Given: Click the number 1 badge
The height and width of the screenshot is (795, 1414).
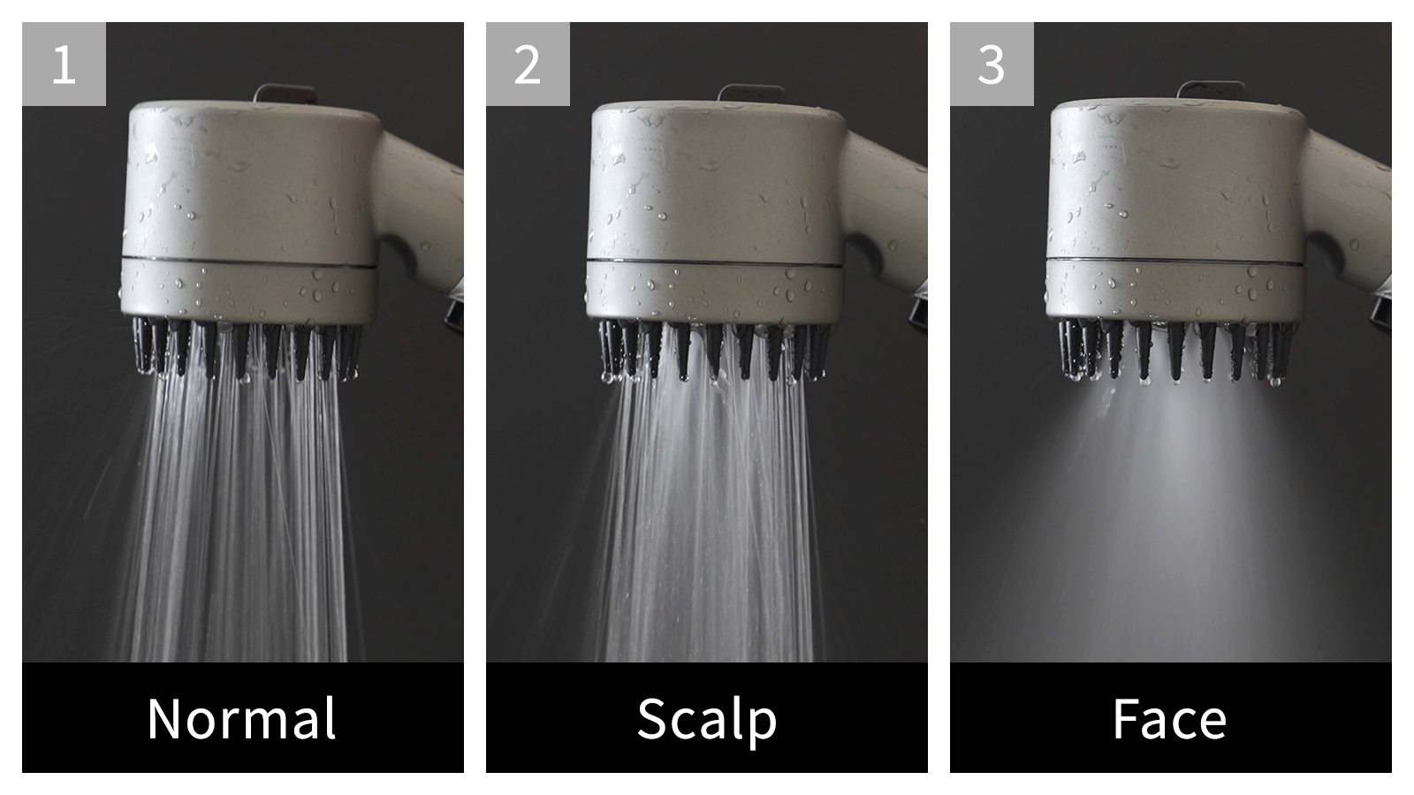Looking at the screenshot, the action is (64, 64).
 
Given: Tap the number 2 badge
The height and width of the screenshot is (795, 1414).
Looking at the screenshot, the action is (528, 64).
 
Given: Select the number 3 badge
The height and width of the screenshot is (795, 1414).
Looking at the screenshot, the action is (992, 64).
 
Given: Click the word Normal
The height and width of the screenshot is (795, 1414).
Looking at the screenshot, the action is (242, 718).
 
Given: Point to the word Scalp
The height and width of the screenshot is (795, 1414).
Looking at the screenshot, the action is (706, 722).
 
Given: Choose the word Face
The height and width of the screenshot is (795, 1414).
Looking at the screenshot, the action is (1170, 718).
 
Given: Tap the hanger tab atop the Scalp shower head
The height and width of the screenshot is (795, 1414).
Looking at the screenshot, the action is (750, 94).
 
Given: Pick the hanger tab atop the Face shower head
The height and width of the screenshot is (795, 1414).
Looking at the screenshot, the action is (1211, 90).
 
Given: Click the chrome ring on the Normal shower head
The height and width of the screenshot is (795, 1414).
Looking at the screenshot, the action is (249, 263).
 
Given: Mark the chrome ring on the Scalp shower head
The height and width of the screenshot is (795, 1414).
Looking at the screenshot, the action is (715, 263).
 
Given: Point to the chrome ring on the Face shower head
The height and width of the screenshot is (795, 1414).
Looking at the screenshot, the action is (1175, 261).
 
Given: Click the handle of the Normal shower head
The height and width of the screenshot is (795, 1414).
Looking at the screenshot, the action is (420, 208).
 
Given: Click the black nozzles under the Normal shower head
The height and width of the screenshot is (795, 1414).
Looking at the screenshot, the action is (247, 349).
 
